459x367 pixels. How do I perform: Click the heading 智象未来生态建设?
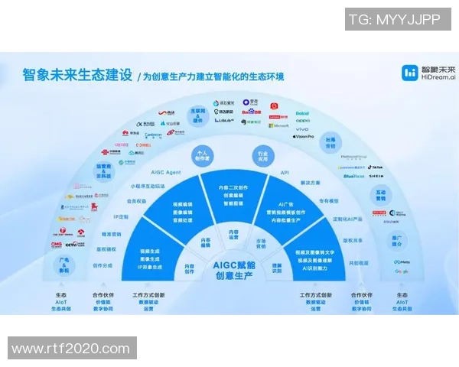coord(76,75)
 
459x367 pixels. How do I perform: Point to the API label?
coord(285,174)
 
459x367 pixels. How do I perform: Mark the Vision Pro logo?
coord(304,137)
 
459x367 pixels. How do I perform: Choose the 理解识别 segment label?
coord(278,268)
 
